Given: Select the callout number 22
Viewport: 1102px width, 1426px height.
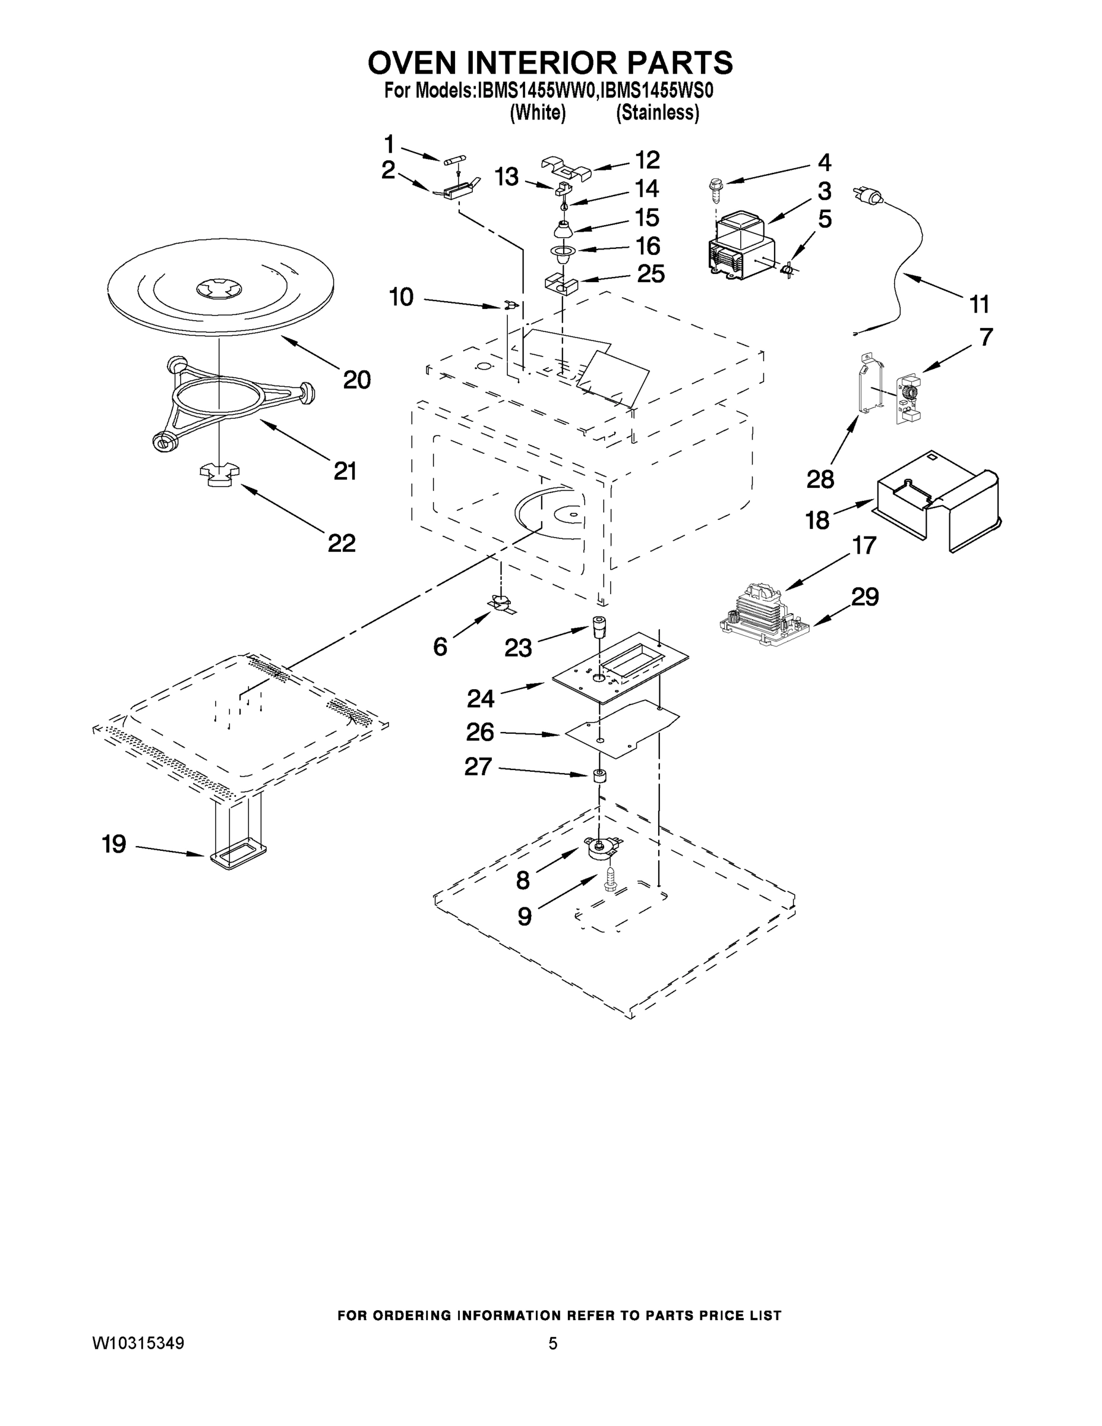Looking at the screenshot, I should tap(342, 542).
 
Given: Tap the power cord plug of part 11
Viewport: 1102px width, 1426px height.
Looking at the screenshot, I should tap(865, 193).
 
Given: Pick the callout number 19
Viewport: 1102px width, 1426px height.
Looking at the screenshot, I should tap(113, 844).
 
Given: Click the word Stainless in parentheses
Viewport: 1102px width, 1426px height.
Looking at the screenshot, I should tap(658, 113).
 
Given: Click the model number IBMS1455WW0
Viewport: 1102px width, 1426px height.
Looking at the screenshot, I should tap(535, 91).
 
